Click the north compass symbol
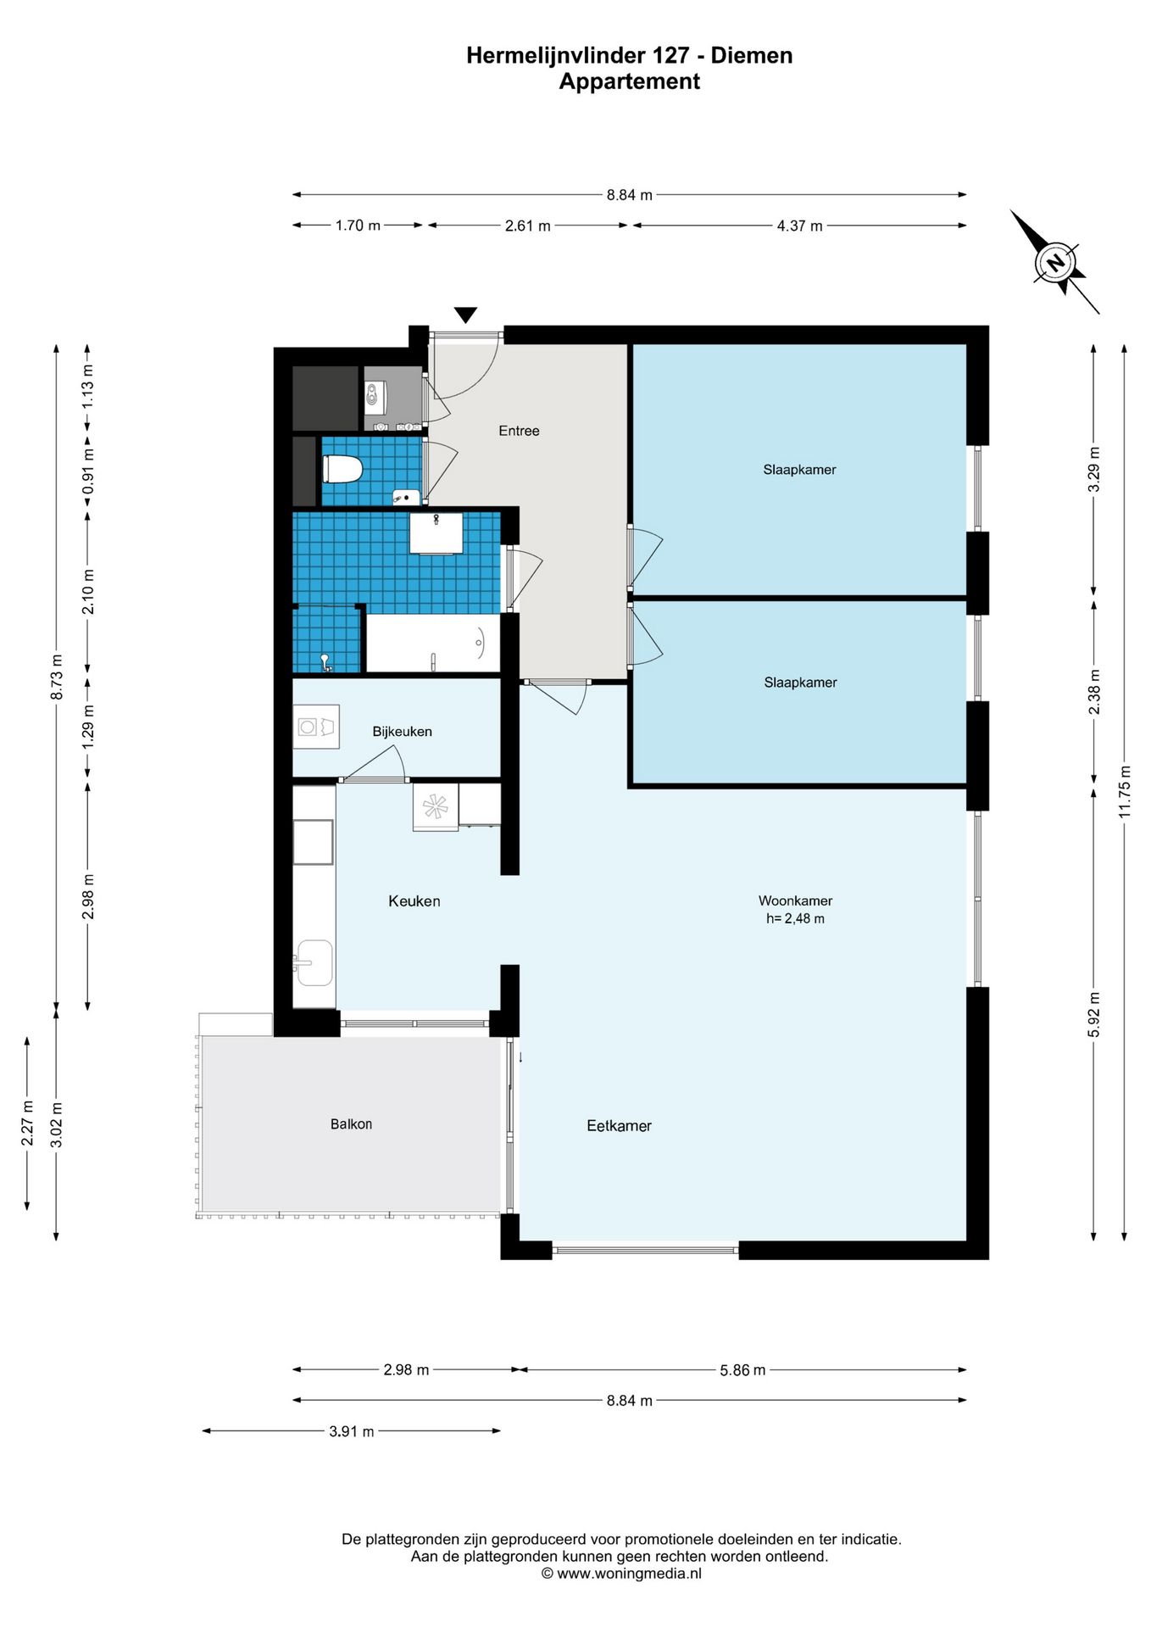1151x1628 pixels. [1054, 262]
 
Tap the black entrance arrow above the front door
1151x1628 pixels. [465, 315]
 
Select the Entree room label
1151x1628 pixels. [519, 431]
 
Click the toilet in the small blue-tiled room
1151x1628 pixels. [342, 469]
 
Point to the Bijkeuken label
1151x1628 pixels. [403, 732]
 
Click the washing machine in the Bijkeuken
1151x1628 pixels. [316, 727]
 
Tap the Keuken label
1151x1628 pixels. [414, 901]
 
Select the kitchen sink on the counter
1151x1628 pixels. [314, 962]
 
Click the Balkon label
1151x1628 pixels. [351, 1124]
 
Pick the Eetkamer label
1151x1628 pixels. [620, 1126]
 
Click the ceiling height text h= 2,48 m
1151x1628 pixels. [795, 918]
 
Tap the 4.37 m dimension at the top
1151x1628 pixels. [799, 226]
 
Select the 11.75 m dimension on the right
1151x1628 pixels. [1125, 792]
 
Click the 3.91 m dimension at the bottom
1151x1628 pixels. [352, 1432]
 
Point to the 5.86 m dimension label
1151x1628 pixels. [742, 1370]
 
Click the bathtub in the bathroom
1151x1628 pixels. [432, 644]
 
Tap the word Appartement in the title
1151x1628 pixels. [630, 81]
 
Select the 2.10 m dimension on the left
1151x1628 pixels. [88, 592]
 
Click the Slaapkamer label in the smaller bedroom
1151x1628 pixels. [800, 683]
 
